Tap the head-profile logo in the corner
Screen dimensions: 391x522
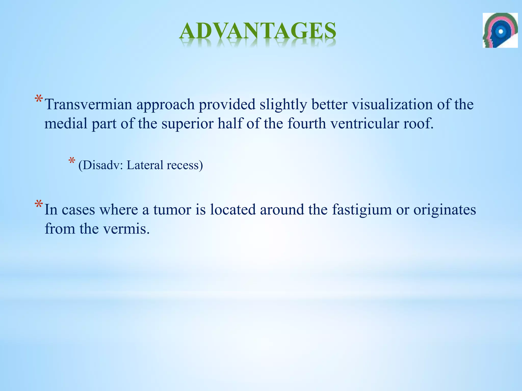[500, 30]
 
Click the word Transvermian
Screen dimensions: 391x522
[88, 105]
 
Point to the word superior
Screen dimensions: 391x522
[187, 124]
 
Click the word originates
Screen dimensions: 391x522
[445, 210]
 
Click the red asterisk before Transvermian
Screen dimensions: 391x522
[39, 99]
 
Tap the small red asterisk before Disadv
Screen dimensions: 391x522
[72, 161]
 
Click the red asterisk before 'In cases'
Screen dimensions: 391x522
[39, 204]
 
